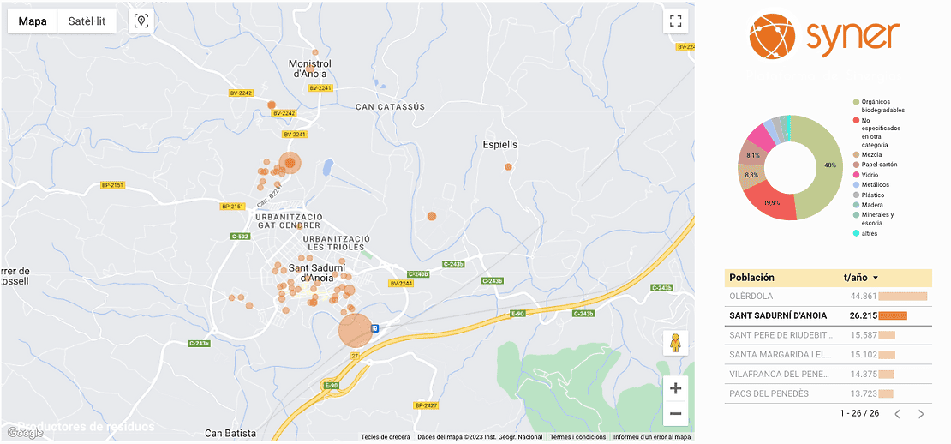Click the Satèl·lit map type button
pos(87,21)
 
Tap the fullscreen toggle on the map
pos(675,21)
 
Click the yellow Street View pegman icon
pos(675,343)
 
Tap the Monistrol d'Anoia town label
pos(310,69)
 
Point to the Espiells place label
pos(500,144)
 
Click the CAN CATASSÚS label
pos(390,107)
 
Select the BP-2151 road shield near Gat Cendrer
pos(233,206)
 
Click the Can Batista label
pos(230,433)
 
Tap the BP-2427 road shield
pos(426,405)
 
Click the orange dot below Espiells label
pos(510,167)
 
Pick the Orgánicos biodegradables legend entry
pos(882,105)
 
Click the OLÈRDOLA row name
pos(751,297)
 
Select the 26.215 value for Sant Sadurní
pos(862,315)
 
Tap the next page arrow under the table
pos(921,414)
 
